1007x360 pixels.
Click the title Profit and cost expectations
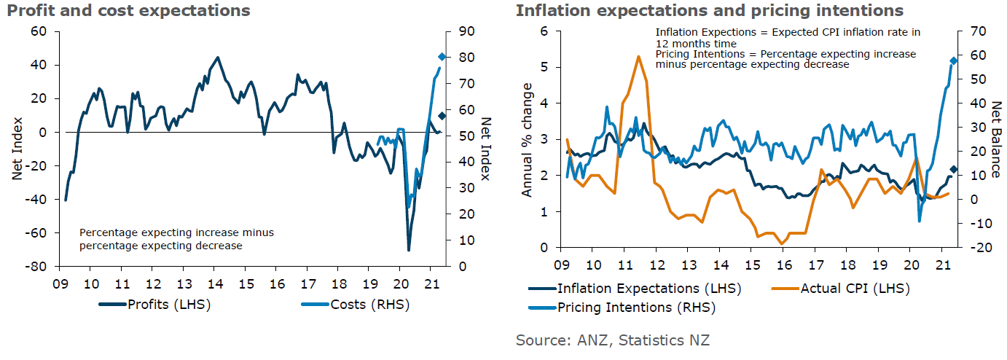tap(125, 10)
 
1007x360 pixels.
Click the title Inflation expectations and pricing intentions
tap(709, 10)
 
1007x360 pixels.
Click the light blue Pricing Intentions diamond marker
tap(953, 60)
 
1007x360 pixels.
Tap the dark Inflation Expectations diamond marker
tap(953, 170)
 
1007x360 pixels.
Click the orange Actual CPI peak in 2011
tap(638, 56)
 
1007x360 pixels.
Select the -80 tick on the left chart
tap(36, 266)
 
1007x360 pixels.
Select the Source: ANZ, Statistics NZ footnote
tap(612, 340)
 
